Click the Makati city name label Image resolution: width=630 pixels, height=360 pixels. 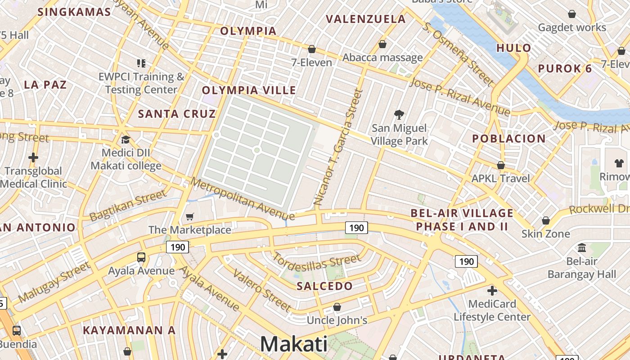(294, 344)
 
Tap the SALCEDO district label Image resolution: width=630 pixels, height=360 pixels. (324, 286)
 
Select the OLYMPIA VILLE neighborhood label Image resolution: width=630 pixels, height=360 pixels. (249, 90)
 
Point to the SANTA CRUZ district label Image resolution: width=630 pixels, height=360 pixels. (177, 114)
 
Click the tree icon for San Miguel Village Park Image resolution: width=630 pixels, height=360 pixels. (399, 115)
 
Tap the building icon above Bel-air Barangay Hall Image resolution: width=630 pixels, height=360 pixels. (581, 247)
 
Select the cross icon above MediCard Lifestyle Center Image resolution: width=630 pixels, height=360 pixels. (492, 290)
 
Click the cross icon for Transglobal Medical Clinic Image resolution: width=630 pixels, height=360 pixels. (33, 157)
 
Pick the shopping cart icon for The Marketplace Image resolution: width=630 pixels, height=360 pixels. (190, 217)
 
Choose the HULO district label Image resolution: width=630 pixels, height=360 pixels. (513, 48)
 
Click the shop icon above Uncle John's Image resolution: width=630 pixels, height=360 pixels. (337, 307)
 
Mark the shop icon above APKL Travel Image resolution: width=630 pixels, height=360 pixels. (500, 165)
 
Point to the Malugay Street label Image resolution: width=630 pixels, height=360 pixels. (54, 283)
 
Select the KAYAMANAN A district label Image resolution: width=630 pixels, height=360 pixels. (129, 330)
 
